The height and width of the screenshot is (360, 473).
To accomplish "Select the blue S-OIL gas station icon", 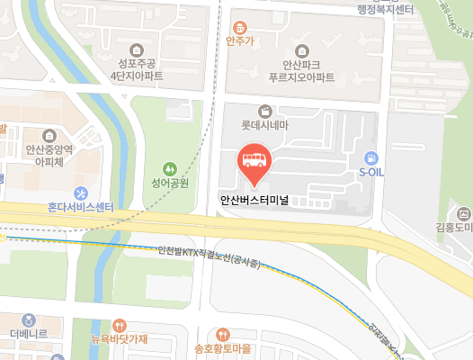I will [371, 156].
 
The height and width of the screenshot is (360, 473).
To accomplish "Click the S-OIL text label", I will [371, 171].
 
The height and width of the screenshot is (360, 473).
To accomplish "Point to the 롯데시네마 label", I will [263, 127].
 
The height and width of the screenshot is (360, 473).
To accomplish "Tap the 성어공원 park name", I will [169, 183].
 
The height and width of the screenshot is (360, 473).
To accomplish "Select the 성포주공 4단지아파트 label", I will [136, 70].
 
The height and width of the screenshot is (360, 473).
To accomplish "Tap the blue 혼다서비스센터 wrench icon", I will [80, 193].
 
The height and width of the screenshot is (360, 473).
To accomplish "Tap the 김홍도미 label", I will [453, 229].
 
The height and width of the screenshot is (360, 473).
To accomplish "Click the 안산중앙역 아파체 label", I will [49, 157].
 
